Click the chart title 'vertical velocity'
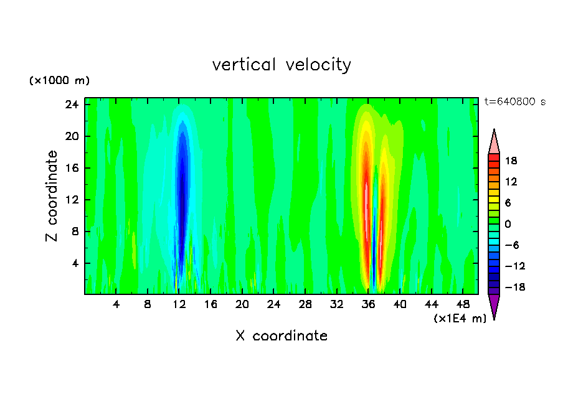pos(281,65)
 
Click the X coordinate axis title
pos(281,336)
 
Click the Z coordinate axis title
pos(52,196)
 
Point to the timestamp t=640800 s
pos(514,101)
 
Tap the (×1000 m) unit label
pos(59,81)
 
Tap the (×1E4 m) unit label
pos(460,319)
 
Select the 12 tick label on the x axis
pos(179,305)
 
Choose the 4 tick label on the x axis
pos(116,305)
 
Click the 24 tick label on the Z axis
pos(72,105)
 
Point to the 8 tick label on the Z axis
pos(75,232)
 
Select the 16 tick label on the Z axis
pos(72,168)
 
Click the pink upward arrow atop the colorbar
pos(494,141)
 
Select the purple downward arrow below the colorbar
pos(494,306)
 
